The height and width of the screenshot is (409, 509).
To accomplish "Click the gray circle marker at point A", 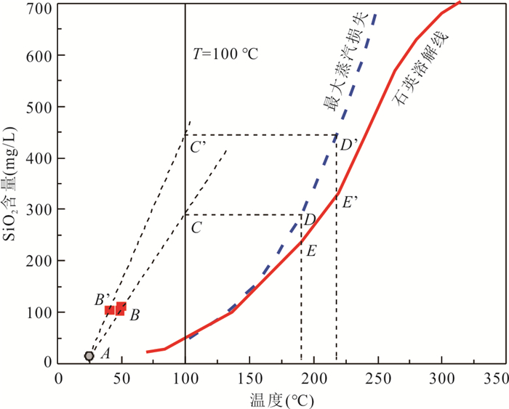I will tap(89, 356).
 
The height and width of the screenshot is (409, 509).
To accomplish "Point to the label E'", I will tap(350, 203).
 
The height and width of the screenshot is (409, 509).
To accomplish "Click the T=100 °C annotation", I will tap(225, 54).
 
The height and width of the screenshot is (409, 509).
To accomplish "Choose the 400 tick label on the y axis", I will tap(41, 158).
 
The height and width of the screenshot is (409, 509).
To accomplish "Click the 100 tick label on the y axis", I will tap(41, 312).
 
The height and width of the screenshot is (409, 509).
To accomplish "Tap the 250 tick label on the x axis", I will tap(377, 378).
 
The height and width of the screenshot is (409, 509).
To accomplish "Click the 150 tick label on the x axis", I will tap(249, 378).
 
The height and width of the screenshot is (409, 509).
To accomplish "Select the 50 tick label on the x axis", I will tap(121, 378).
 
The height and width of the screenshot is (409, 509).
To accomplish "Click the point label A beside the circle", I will tap(105, 354).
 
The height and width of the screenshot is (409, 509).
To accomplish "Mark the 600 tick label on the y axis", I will tap(41, 57).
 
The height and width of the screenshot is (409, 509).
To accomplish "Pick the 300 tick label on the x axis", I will tap(441, 378).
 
